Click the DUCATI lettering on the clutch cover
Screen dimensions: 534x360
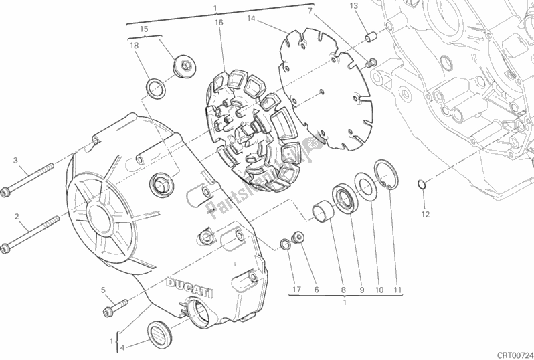tap(189, 288)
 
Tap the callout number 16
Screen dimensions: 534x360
tap(219, 23)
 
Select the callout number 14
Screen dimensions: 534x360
tap(251, 18)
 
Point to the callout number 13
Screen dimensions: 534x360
tap(354, 6)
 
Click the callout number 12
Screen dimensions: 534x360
tap(426, 215)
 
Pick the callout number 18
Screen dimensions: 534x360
tap(135, 46)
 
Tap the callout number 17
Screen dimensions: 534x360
tap(296, 290)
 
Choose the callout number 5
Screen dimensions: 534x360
tap(103, 290)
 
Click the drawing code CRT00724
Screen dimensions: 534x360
tap(515, 355)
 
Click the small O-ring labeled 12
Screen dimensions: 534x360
tap(422, 184)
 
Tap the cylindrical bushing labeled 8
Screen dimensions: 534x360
tap(324, 211)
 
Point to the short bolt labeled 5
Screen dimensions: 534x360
tap(116, 307)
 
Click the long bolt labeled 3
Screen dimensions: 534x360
tap(27, 179)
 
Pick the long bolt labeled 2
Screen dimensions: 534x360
tap(30, 234)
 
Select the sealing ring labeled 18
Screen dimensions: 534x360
tap(156, 88)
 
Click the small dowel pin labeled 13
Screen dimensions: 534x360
tap(371, 37)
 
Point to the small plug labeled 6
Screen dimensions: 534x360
tap(297, 238)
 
